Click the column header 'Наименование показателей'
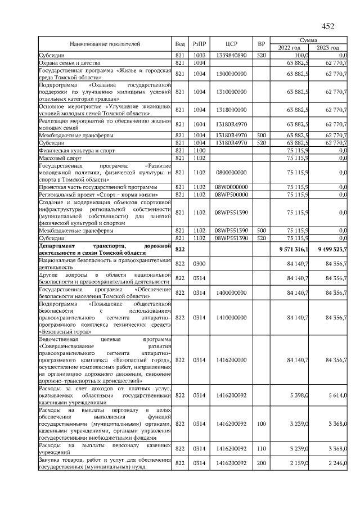point(105,44)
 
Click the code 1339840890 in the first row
point(232,55)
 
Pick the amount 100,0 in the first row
point(302,55)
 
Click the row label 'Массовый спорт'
point(58,158)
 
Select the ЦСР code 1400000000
point(232,292)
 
